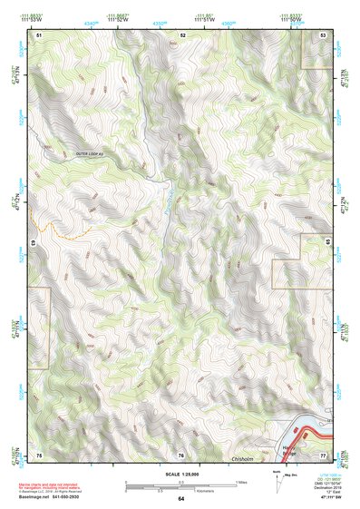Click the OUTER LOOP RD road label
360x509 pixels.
(91, 156)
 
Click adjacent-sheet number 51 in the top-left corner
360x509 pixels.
(38, 34)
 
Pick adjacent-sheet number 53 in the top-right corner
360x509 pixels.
(324, 34)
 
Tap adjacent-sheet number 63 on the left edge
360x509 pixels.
(34, 243)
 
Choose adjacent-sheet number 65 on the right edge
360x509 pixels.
(326, 243)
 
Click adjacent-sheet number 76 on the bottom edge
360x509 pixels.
(180, 454)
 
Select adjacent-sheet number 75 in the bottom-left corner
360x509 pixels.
(38, 454)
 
